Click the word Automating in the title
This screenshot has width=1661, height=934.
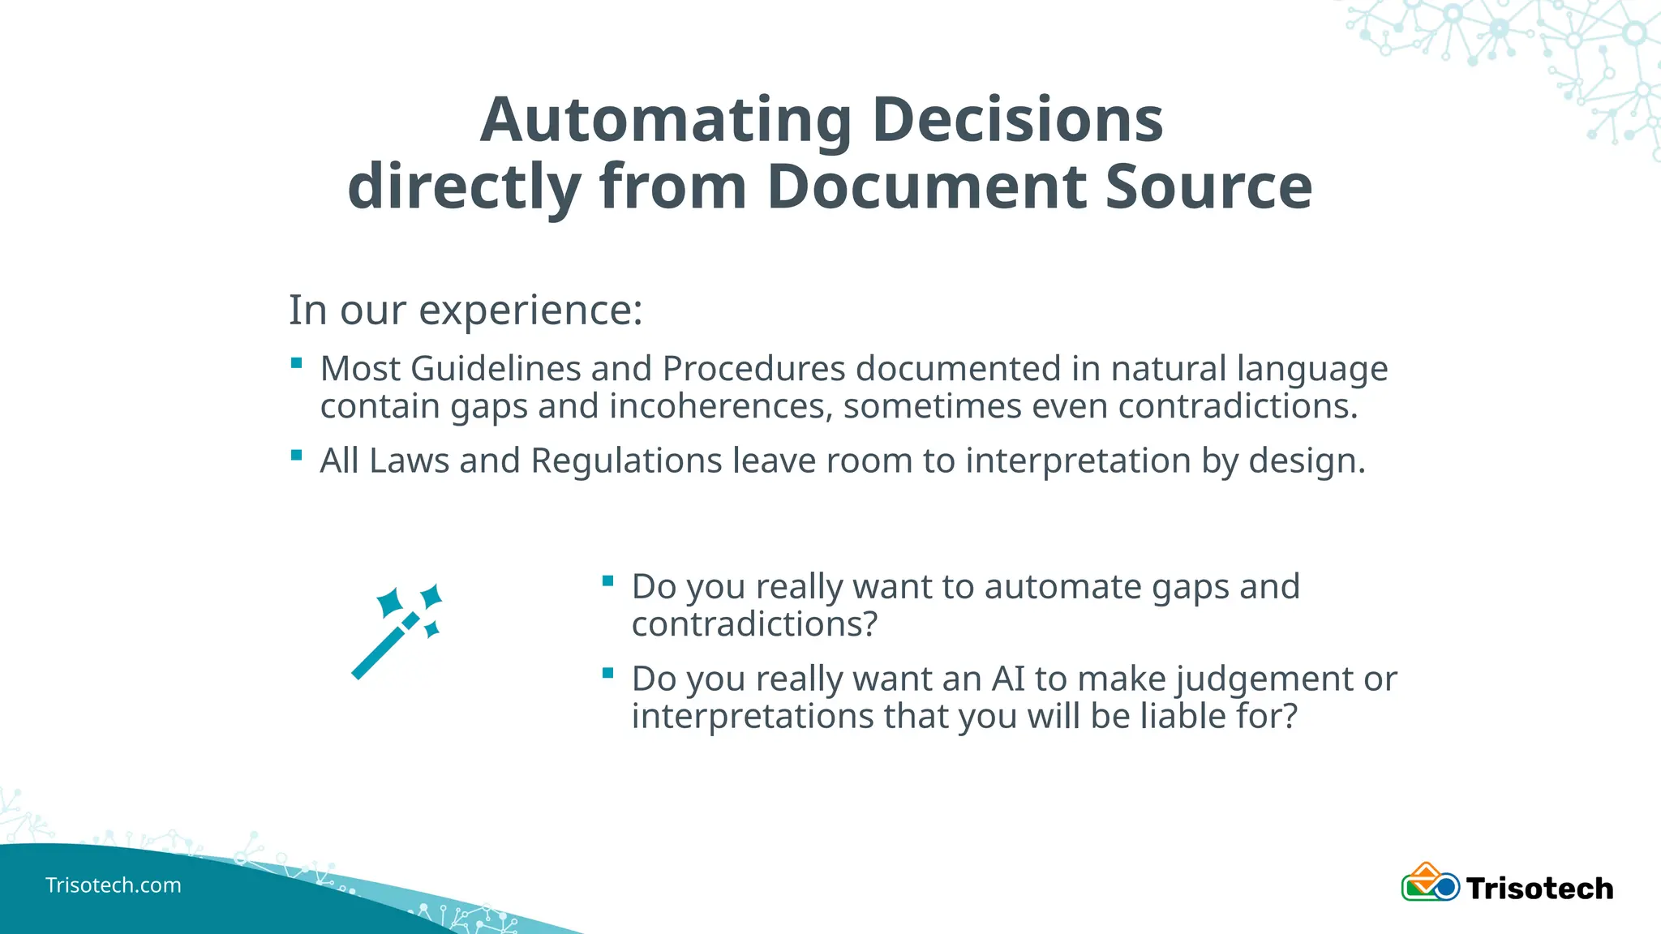pyautogui.click(x=665, y=120)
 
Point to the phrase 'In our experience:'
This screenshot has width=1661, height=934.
pyautogui.click(x=466, y=310)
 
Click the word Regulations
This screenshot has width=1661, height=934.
pyautogui.click(x=626, y=461)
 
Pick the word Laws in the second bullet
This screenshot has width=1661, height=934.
pyautogui.click(x=409, y=461)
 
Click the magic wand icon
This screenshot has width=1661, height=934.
pyautogui.click(x=397, y=631)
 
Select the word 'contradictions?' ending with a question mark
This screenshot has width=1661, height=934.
pyautogui.click(x=754, y=624)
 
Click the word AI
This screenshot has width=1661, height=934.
pyautogui.click(x=1008, y=679)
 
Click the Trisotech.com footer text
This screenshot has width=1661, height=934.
pyautogui.click(x=114, y=885)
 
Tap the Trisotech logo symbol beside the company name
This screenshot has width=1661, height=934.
pyautogui.click(x=1431, y=883)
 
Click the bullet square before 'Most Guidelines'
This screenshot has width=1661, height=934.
pyautogui.click(x=296, y=363)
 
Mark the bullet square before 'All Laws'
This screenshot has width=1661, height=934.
pyautogui.click(x=296, y=456)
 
